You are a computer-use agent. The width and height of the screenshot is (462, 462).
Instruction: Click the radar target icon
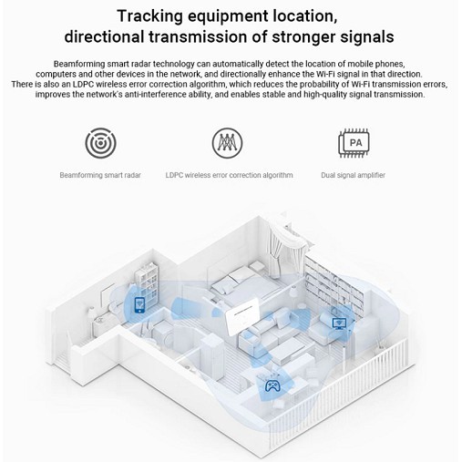coord(100,143)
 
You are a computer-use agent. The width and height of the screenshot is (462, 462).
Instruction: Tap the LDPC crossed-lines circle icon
coord(227,143)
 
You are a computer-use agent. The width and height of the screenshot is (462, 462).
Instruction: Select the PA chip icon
coord(354,143)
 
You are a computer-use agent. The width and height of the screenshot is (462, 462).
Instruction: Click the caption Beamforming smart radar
coord(100,175)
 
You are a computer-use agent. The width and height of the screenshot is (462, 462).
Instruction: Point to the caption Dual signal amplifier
coord(353,175)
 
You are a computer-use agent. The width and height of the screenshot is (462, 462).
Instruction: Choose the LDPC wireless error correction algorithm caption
coord(229,175)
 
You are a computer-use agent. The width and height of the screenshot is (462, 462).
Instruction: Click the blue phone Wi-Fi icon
coord(139,305)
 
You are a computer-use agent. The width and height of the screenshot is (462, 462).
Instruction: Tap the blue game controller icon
coord(272,385)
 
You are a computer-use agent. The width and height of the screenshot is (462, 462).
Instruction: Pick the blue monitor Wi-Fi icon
coord(339,323)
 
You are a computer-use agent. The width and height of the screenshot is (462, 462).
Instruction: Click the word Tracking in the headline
coord(149,16)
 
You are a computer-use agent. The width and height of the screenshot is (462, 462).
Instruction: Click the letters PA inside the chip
coord(355,142)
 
